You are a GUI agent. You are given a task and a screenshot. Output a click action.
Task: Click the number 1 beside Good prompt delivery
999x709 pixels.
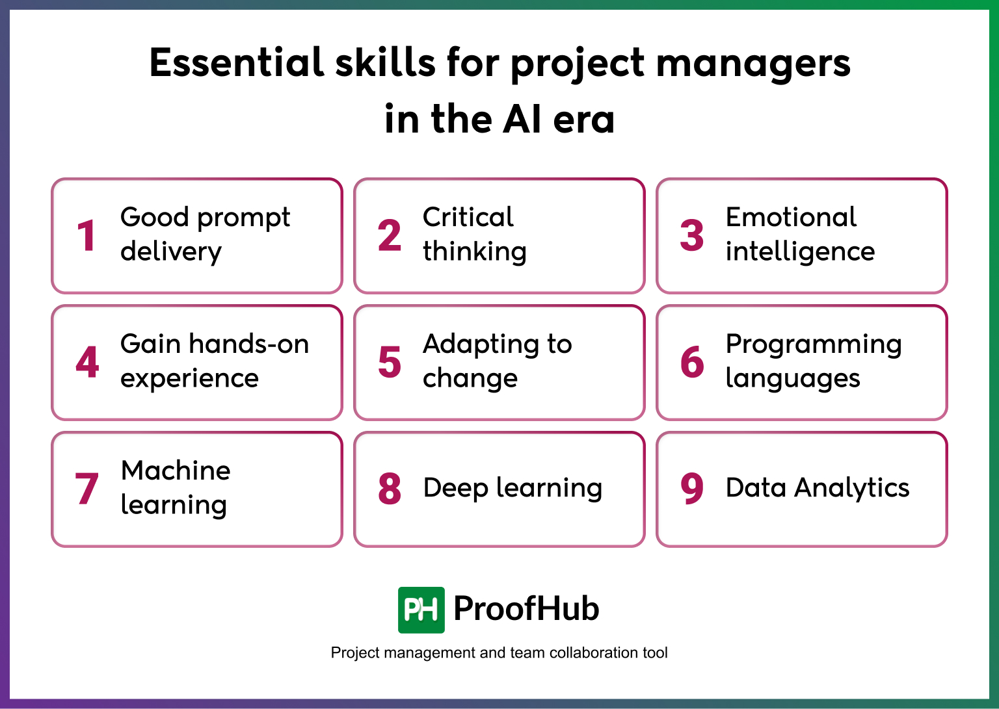[87, 235]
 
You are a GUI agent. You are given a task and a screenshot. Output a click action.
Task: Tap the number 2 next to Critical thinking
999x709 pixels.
[390, 235]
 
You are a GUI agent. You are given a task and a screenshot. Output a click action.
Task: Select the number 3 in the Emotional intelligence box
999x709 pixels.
[692, 235]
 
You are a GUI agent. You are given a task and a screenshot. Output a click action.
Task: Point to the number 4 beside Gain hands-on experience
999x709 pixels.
[87, 362]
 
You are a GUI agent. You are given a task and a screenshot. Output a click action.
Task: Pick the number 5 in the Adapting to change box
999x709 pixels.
[390, 362]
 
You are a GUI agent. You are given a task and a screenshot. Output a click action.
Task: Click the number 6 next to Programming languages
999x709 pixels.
[692, 362]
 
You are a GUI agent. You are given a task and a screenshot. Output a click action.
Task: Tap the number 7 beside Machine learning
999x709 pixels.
[87, 489]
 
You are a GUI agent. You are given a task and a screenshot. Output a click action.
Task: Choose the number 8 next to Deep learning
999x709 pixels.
[390, 489]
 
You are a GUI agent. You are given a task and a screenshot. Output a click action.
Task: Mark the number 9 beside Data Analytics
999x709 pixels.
[692, 489]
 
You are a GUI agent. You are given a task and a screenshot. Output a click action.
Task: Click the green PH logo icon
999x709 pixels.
[421, 610]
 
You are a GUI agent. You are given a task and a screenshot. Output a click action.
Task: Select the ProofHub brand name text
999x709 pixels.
[526, 609]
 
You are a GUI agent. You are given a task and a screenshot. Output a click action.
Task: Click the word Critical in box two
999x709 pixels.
[468, 217]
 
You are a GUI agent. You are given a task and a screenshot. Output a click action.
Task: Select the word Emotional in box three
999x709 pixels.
[791, 217]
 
